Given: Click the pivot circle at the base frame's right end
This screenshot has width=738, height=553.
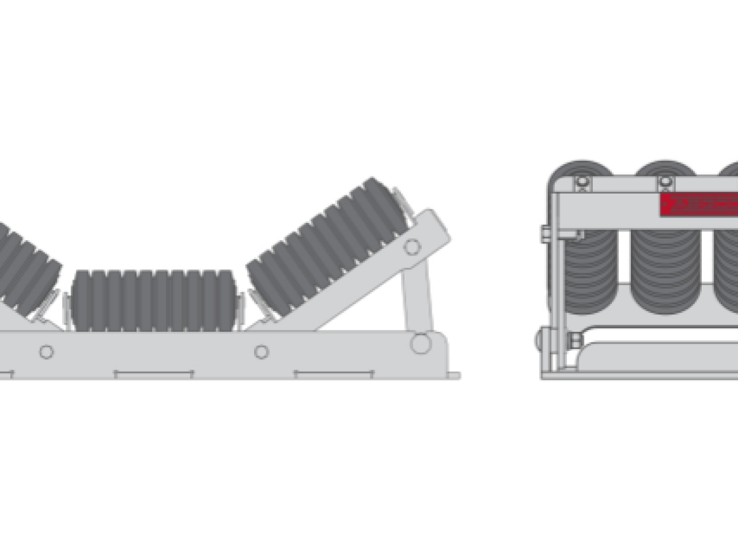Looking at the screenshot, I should (421, 343).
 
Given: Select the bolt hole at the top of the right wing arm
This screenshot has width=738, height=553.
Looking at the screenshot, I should (412, 247).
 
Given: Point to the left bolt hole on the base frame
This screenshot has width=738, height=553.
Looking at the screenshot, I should (46, 351).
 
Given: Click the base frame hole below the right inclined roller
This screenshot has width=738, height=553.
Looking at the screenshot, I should (261, 351).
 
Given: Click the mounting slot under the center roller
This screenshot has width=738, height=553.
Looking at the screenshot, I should (154, 374).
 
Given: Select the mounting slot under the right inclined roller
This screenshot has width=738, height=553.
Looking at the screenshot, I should (334, 374).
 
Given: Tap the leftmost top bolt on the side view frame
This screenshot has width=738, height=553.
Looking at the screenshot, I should (581, 182).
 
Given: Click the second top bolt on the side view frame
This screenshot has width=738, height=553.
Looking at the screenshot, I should (665, 182).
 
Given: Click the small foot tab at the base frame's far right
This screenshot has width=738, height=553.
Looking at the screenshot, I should (454, 375).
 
